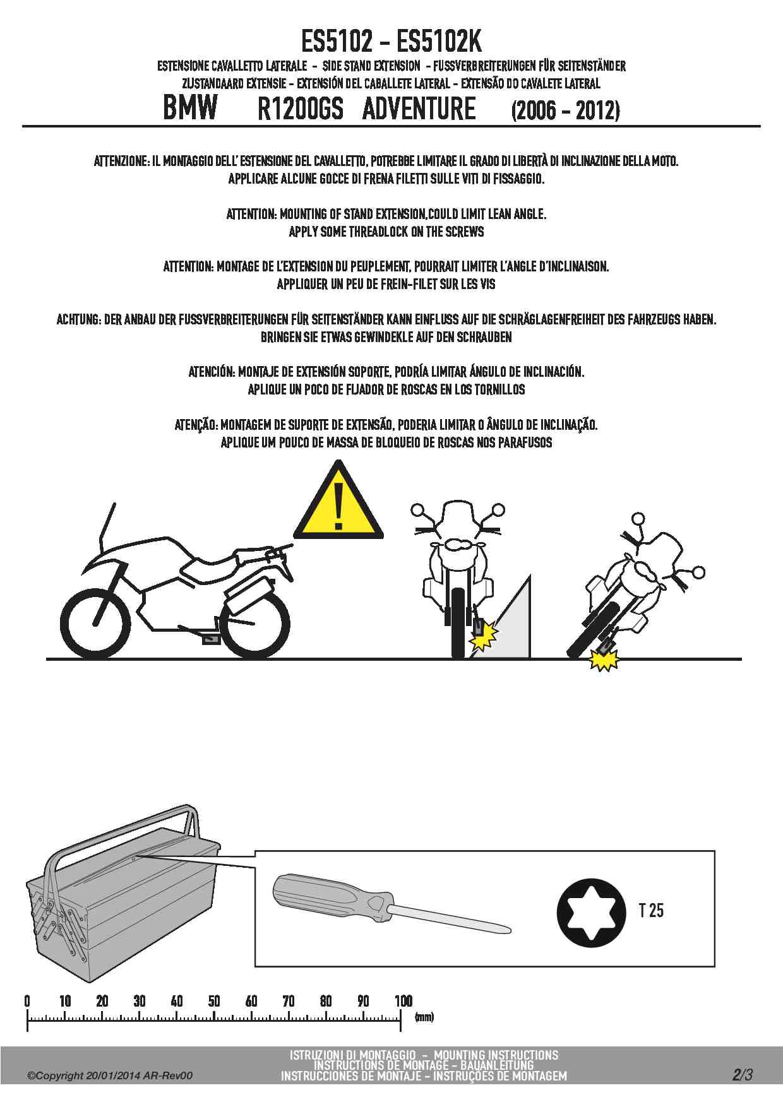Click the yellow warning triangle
coord(338,503)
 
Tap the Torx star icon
coord(591,912)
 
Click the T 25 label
coord(651,911)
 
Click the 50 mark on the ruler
coord(214,1001)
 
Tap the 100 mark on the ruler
coord(403,1001)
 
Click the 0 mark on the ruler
coord(27,1001)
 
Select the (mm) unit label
coord(424,1017)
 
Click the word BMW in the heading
coord(190,107)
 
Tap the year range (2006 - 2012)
coord(565,110)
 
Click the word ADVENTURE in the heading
coord(419,108)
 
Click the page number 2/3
coord(743,1074)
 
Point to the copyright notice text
coord(110,1076)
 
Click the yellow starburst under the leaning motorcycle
coord(604,661)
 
